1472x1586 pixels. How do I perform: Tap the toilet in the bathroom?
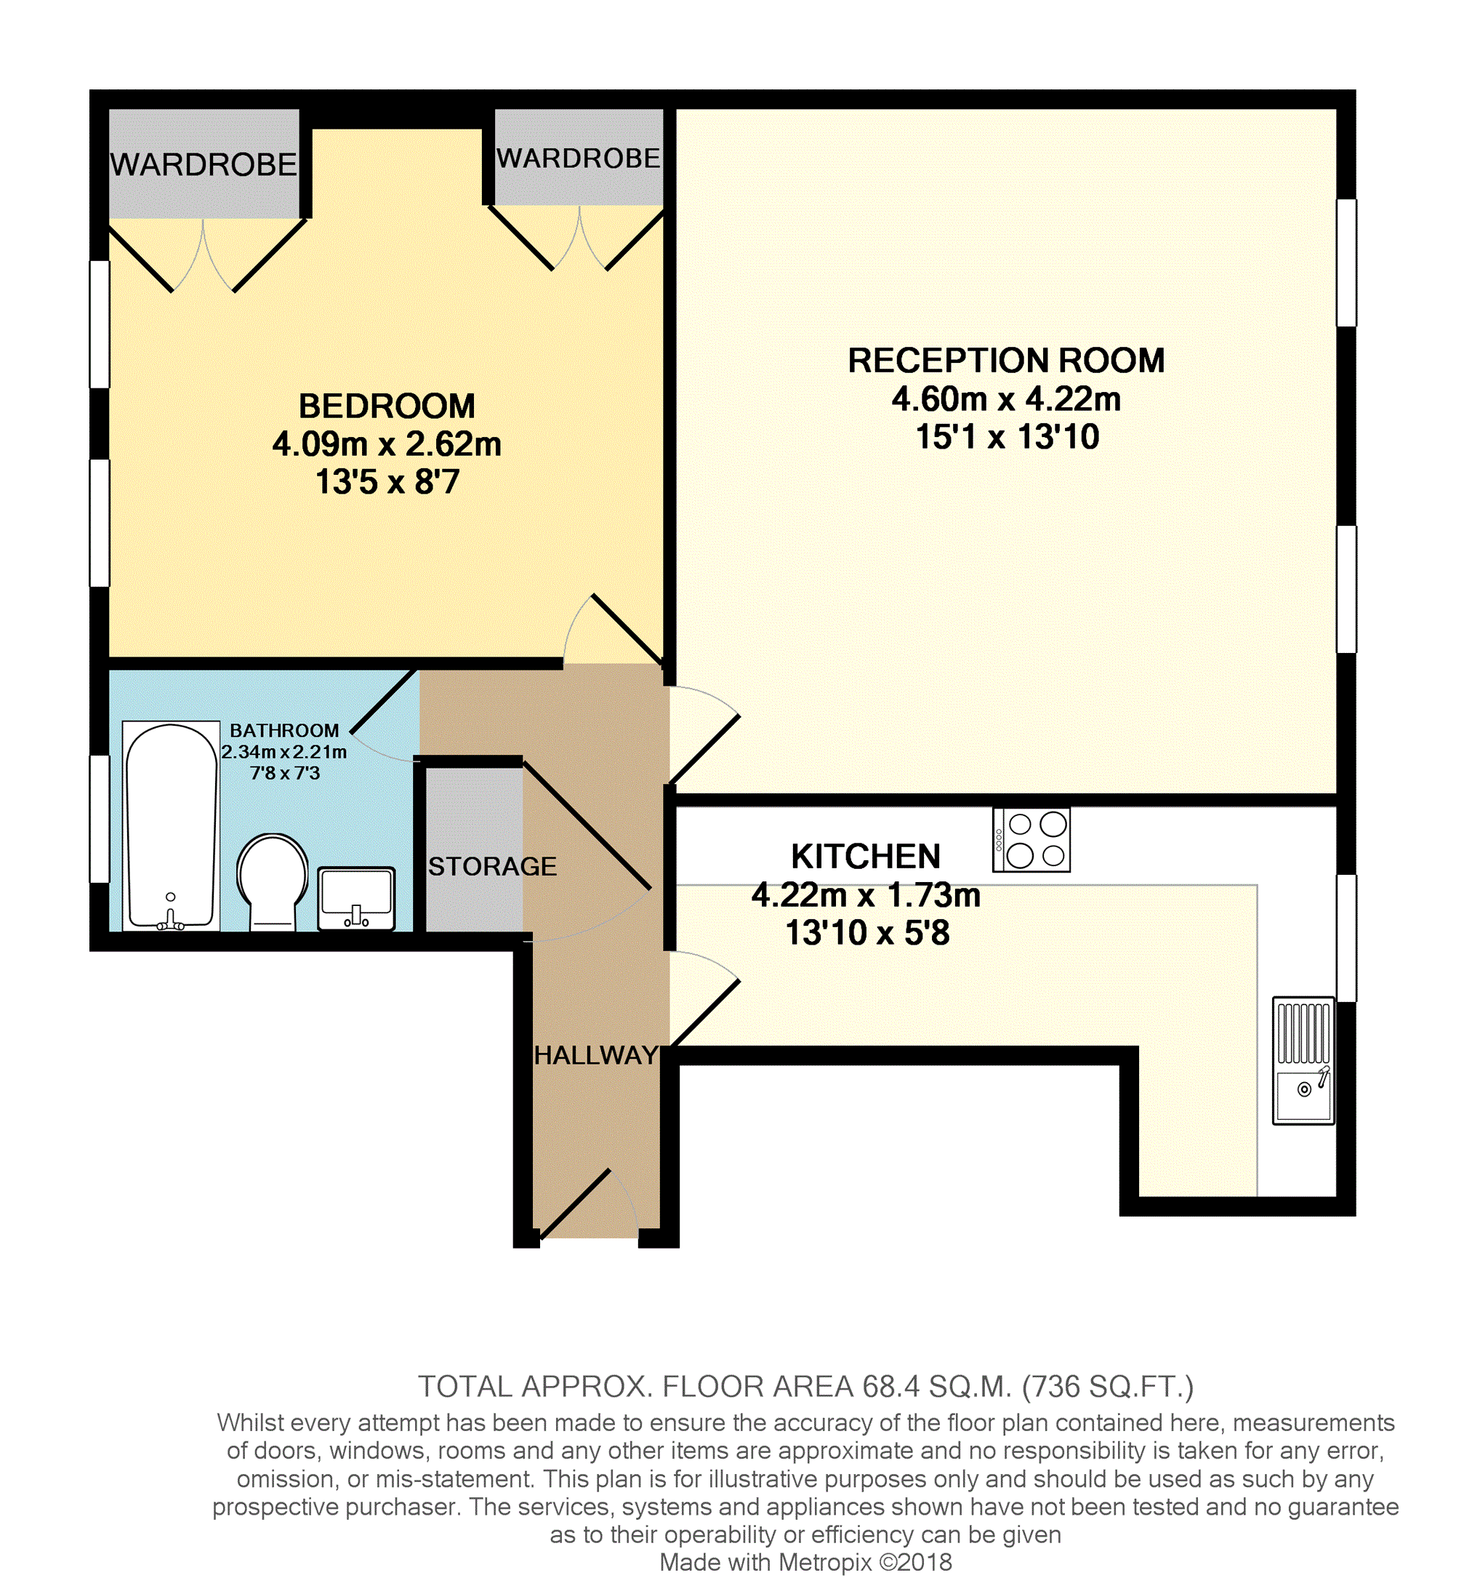[273, 882]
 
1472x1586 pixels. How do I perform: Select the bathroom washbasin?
[356, 898]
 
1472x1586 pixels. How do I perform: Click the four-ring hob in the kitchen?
[1031, 840]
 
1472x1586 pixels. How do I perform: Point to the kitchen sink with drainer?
[1303, 1061]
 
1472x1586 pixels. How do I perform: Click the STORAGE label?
[492, 866]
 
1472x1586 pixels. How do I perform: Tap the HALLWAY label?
[596, 1055]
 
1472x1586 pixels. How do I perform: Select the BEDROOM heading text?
[387, 406]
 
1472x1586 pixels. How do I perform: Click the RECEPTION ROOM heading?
[1006, 360]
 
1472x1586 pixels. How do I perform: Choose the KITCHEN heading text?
[866, 857]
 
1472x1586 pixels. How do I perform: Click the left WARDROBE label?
[204, 165]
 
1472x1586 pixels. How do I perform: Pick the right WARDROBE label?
[579, 159]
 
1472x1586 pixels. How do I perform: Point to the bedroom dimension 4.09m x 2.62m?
[387, 444]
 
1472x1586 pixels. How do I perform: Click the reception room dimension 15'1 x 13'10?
[1008, 437]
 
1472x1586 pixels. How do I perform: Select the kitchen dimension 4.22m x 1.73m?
[866, 895]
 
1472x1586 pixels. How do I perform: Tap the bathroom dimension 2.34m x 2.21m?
[284, 752]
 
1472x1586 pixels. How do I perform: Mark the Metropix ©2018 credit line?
[806, 1562]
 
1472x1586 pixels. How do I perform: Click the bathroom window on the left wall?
[100, 819]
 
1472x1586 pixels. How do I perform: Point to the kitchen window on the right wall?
[1346, 938]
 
